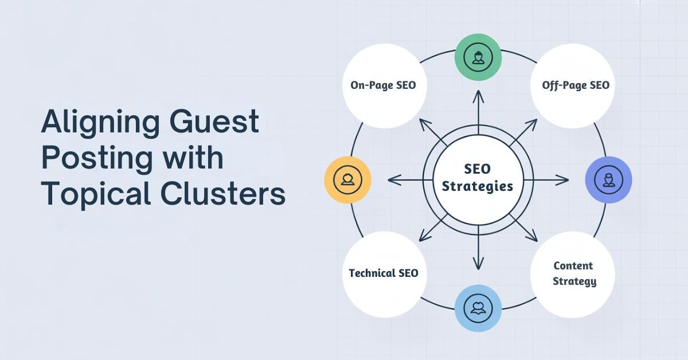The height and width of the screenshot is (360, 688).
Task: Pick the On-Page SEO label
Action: coord(383,85)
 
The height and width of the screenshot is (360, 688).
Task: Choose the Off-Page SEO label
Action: coord(575,85)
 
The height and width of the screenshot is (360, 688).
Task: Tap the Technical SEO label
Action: coord(384,273)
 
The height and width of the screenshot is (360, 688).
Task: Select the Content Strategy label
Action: coord(574,273)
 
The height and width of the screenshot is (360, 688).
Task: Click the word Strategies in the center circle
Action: coord(478,187)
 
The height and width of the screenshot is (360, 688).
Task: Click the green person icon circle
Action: coord(478,57)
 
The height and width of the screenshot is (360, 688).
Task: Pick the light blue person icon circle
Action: coord(478,308)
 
